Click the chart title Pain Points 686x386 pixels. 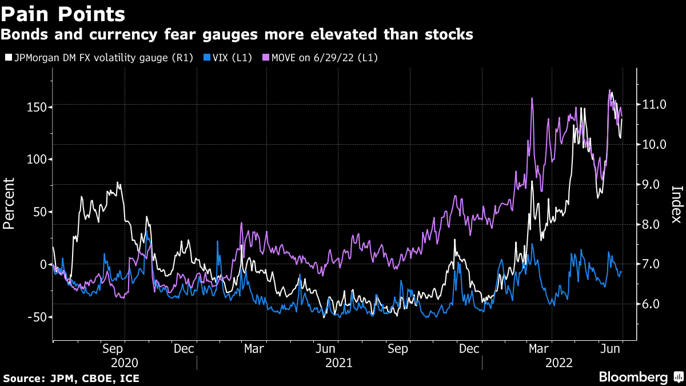63,13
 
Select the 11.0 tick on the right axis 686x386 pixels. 655,105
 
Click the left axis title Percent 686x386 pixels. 9,203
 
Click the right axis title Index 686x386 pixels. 676,204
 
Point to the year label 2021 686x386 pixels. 339,363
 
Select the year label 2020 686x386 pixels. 124,363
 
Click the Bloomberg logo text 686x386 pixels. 633,377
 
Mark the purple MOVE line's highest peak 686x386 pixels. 609,90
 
